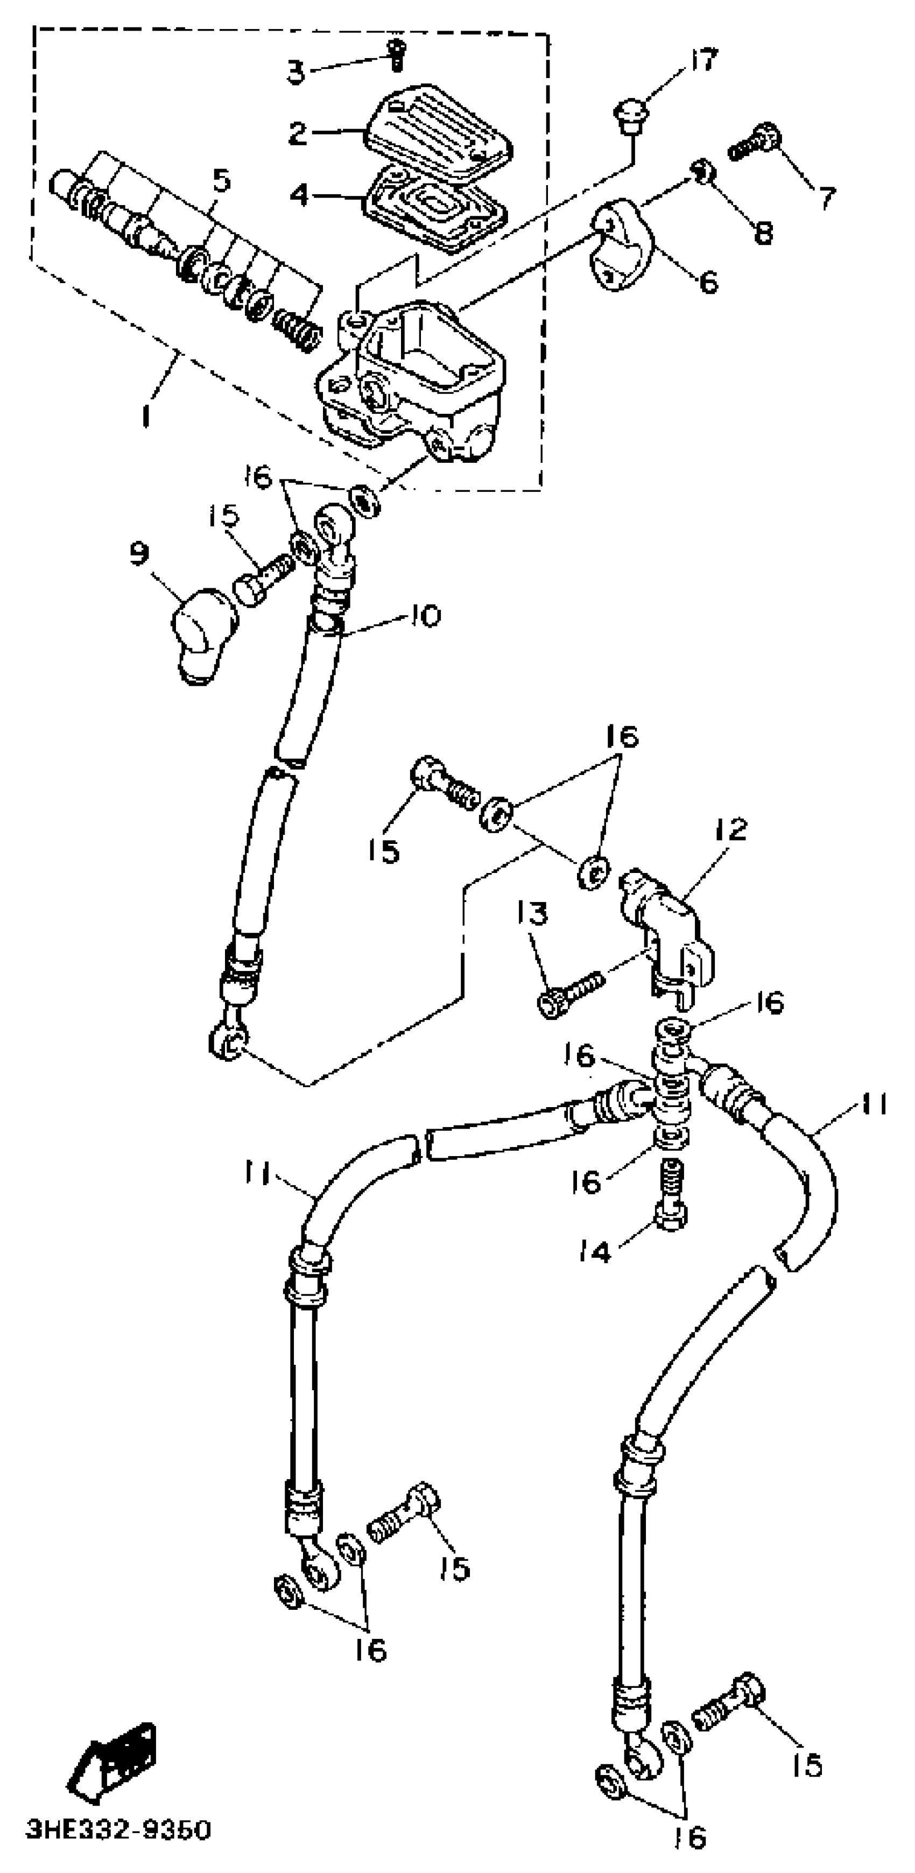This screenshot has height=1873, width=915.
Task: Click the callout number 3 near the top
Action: click(x=295, y=73)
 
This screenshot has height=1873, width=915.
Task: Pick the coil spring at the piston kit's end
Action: click(x=296, y=329)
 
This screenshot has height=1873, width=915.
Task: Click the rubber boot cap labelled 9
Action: click(x=203, y=631)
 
